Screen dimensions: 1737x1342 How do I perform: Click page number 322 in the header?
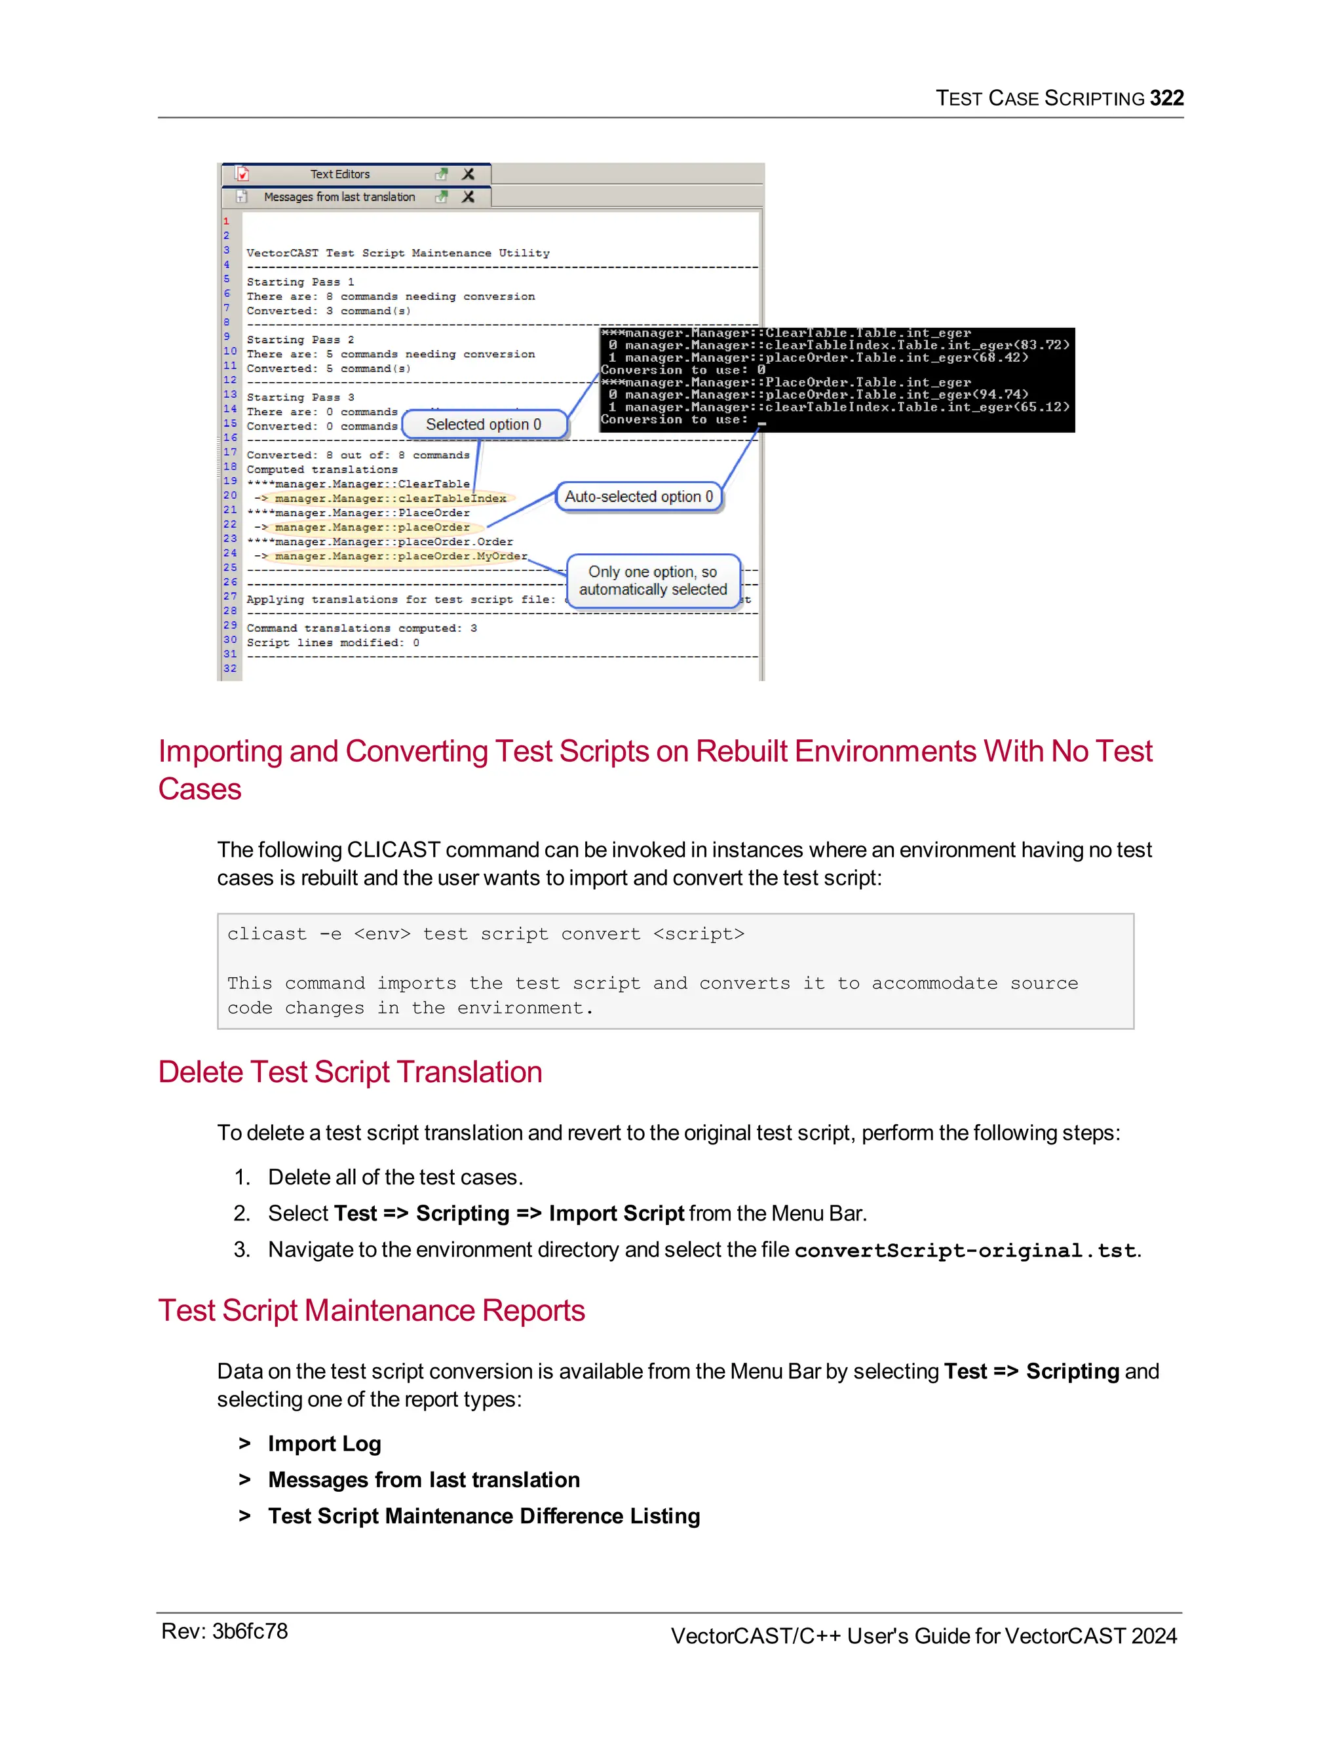coord(1166,98)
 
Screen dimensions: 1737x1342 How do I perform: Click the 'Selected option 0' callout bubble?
coord(484,425)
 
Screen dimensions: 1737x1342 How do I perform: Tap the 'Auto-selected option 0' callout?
coord(638,497)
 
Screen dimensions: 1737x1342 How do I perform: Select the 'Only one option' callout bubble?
coord(653,581)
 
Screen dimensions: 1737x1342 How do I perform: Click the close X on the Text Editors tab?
coord(469,174)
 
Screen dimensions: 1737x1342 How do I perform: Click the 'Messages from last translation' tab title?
coord(339,197)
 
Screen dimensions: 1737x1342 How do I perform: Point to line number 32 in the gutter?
coord(230,669)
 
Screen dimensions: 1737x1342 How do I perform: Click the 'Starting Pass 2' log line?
coord(301,340)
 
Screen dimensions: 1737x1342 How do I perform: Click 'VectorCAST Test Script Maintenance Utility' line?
coord(398,253)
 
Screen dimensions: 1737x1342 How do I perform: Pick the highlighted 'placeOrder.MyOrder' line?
coord(400,556)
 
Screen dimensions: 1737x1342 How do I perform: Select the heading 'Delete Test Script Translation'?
coord(350,1072)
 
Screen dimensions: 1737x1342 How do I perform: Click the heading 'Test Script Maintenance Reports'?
coord(372,1311)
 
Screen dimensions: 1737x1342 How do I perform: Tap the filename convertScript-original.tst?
coord(965,1251)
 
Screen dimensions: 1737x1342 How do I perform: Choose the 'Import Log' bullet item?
coord(324,1443)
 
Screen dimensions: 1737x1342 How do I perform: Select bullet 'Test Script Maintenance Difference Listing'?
coord(484,1516)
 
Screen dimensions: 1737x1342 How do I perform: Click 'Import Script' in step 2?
coord(616,1214)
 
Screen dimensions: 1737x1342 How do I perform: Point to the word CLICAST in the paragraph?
coord(394,850)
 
